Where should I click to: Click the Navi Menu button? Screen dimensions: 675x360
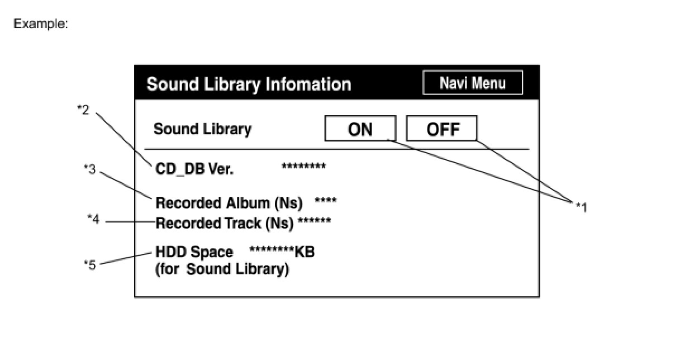(473, 83)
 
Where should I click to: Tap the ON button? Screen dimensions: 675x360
(360, 129)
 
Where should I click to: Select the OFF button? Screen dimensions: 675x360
(442, 129)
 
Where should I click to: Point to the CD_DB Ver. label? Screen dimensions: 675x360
(194, 169)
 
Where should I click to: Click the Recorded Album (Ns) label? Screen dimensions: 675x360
(229, 202)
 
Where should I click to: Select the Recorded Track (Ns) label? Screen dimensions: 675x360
(224, 224)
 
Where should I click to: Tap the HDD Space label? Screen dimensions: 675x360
(194, 252)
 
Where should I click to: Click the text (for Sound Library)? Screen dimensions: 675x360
(222, 269)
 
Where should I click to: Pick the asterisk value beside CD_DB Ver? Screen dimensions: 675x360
(303, 167)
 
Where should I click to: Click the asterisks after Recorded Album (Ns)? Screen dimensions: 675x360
(326, 200)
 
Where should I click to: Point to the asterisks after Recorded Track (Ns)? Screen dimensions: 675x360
(315, 221)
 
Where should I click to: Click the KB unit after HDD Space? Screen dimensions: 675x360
(305, 252)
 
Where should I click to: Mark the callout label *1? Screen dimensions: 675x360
(581, 207)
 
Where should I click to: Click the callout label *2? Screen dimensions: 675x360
(83, 110)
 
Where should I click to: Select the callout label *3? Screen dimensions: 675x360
(89, 169)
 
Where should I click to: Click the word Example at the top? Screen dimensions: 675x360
(40, 24)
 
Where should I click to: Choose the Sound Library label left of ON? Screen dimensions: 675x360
(202, 129)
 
